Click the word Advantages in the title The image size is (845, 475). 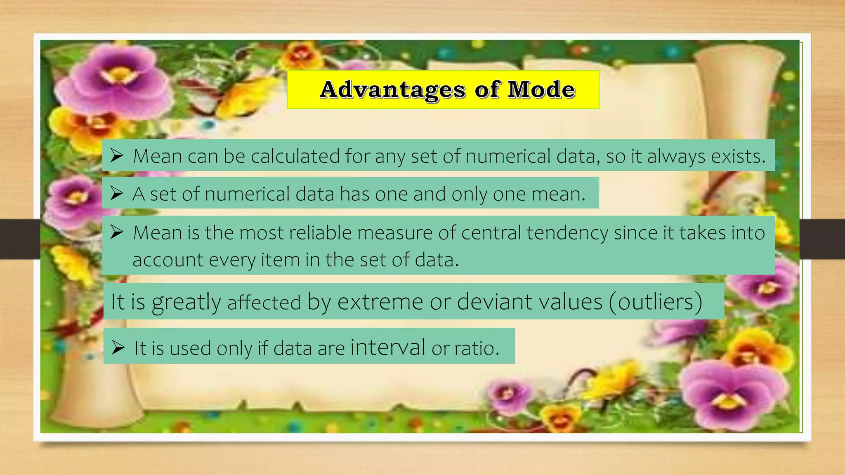392,89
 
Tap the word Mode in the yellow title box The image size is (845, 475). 541,89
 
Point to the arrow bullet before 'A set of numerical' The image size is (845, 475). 117,193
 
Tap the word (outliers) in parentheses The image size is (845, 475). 656,301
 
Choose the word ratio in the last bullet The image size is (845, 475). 477,348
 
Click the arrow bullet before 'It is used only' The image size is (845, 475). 118,348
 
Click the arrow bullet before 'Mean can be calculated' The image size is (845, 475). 117,156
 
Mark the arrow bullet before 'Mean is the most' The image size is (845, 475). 117,233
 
